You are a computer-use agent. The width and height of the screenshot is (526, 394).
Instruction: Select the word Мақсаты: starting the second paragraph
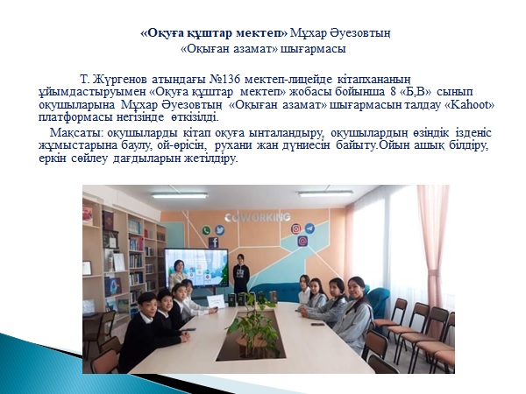(x=77, y=133)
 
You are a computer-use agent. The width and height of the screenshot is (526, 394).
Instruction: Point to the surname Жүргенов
(x=120, y=80)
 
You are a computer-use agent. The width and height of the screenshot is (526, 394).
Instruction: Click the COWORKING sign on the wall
(x=258, y=217)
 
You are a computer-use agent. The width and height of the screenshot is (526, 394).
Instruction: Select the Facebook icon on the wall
(x=214, y=243)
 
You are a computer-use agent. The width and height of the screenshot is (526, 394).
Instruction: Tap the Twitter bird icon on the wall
(x=220, y=229)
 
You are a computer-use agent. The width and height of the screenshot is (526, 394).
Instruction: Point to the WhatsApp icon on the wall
(x=206, y=230)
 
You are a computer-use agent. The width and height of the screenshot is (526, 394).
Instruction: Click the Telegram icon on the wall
(x=309, y=229)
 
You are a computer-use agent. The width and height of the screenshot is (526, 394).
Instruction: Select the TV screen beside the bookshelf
(x=196, y=269)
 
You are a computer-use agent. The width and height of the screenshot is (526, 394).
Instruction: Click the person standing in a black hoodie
(x=241, y=274)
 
